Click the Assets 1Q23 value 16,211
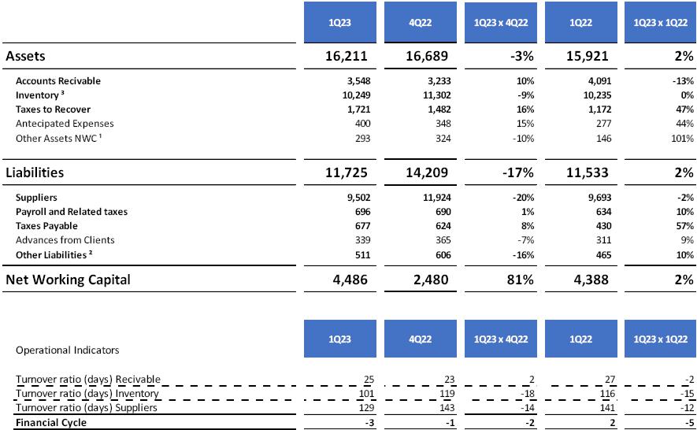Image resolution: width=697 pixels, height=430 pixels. click(345, 57)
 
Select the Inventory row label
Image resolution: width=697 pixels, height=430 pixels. click(38, 95)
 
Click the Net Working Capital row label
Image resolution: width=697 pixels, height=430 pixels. click(68, 280)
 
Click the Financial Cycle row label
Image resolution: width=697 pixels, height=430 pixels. click(51, 423)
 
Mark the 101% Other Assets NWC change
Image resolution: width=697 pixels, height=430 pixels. click(680, 138)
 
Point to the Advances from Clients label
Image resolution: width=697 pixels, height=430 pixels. click(65, 240)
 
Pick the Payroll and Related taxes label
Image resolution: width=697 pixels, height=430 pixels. click(72, 212)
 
